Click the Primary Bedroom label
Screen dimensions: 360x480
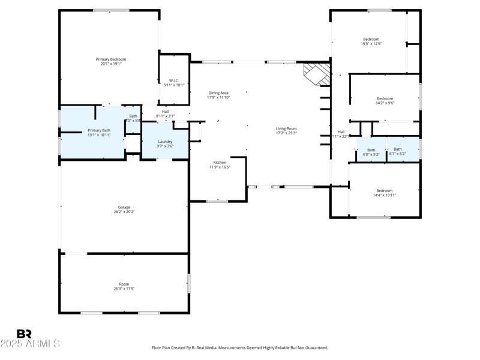coord(111,59)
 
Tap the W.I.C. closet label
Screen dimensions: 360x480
coord(174,80)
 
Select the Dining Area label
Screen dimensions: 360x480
coord(218,93)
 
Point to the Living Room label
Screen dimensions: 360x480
coord(286,128)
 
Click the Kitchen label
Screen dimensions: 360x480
coord(220,163)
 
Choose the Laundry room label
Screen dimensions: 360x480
coord(165,142)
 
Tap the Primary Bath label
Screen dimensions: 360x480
coord(99,130)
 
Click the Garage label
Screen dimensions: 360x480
coord(124,208)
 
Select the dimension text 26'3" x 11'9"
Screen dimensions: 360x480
coord(124,289)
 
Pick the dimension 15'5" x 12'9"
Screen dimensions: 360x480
coord(371,44)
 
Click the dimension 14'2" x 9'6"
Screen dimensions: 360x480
coord(385,103)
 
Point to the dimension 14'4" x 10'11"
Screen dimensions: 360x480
coord(385,195)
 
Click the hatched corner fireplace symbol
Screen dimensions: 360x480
coord(316,74)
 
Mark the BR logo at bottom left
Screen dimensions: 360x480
coord(24,334)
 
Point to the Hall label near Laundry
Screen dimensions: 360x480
coord(165,111)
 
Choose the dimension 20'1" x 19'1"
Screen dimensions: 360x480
coord(111,64)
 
